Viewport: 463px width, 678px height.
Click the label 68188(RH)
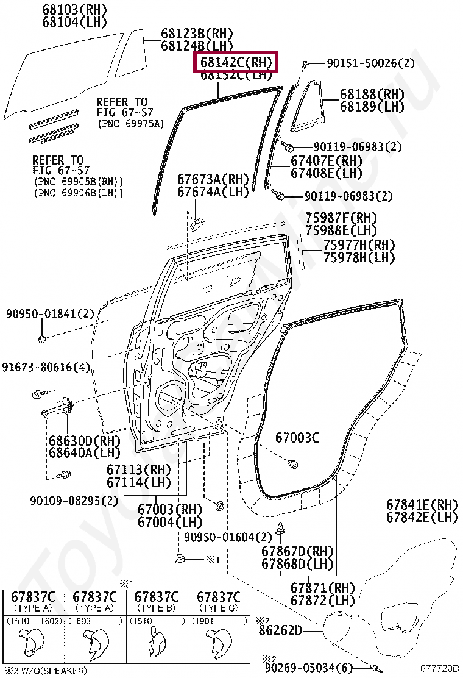(x=372, y=95)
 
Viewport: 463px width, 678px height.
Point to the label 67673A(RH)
(x=213, y=180)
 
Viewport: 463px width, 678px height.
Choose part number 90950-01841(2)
(x=51, y=314)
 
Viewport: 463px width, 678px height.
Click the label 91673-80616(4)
(x=46, y=368)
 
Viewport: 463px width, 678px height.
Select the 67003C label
(x=297, y=438)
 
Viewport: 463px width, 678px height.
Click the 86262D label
(x=280, y=630)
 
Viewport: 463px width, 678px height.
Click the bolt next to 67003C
(x=292, y=464)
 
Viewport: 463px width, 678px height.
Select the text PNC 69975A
(x=131, y=124)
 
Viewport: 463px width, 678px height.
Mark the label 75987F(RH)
(x=341, y=218)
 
